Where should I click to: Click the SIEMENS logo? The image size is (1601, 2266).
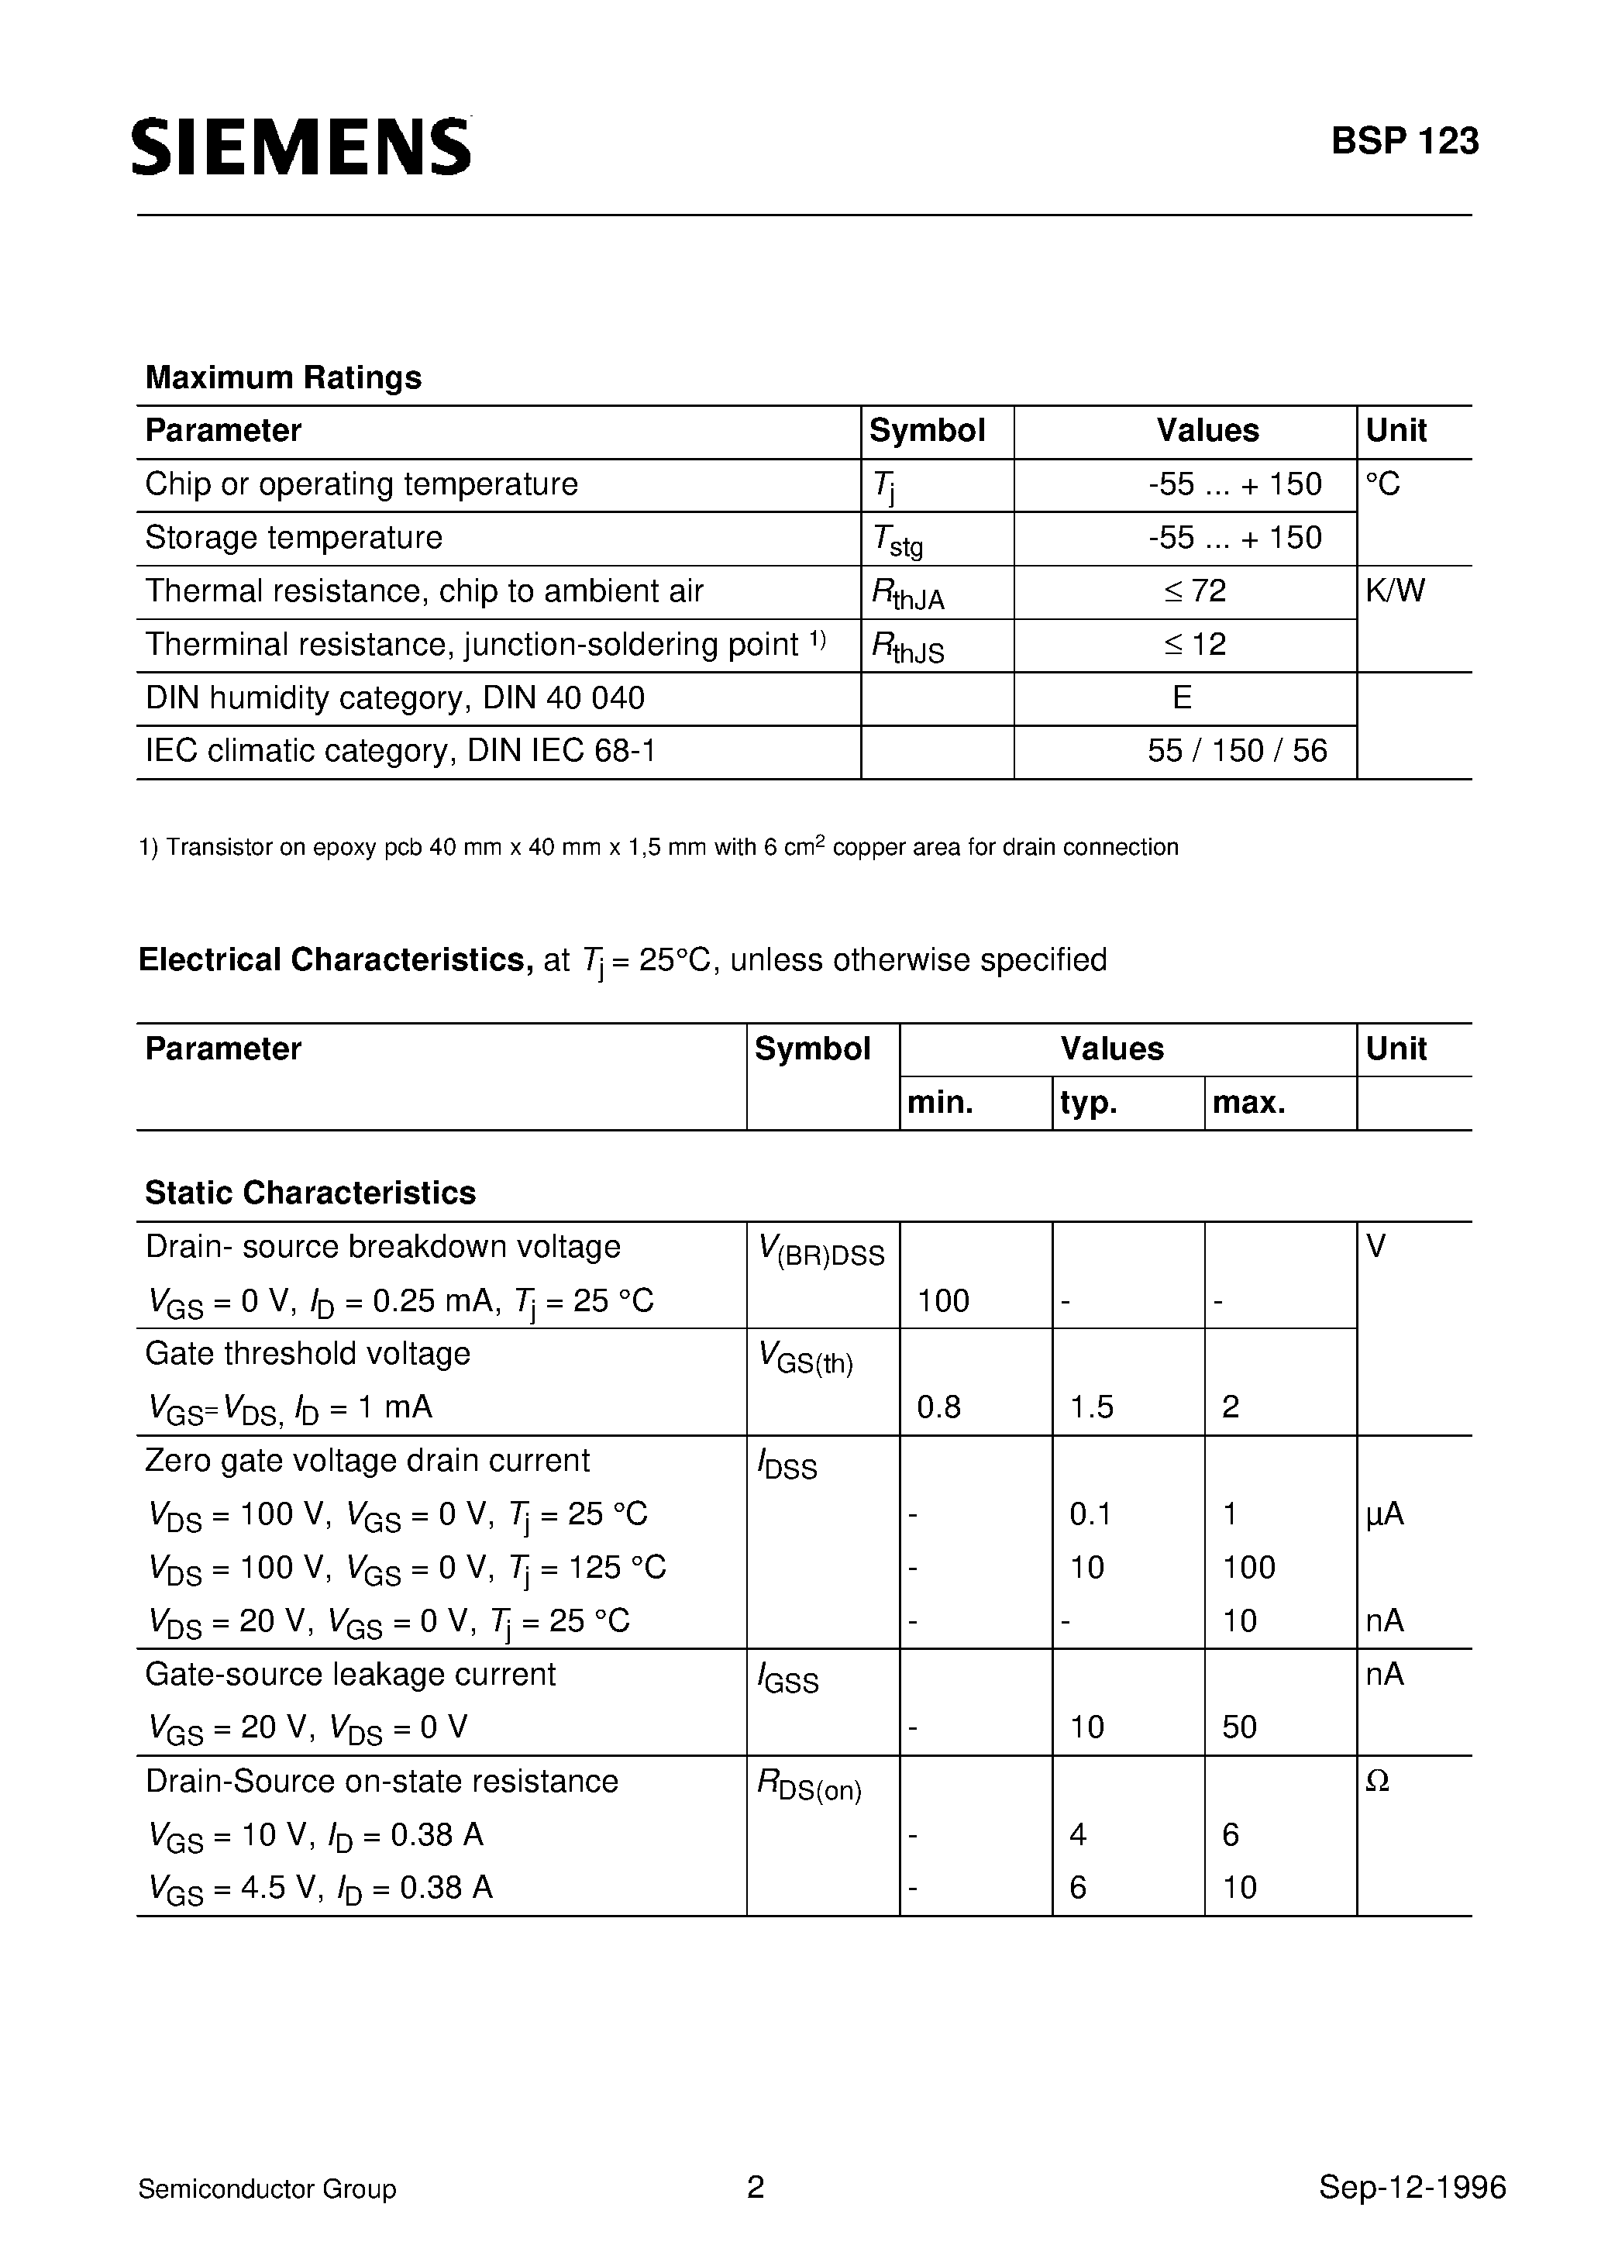click(301, 148)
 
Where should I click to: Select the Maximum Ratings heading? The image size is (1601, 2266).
click(284, 377)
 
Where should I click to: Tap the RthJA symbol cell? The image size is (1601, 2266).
click(907, 593)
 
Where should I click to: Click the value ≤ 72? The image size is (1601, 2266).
click(1194, 591)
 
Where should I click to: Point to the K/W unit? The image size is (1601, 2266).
click(1395, 591)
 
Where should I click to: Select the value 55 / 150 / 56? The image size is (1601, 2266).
click(1237, 751)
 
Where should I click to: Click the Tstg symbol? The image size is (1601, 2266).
click(897, 540)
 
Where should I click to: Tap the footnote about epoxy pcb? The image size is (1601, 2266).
click(659, 847)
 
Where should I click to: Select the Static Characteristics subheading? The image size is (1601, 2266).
click(310, 1193)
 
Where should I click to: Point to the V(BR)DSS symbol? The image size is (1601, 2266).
click(821, 1252)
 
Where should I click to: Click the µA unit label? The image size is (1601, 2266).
click(1384, 1515)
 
